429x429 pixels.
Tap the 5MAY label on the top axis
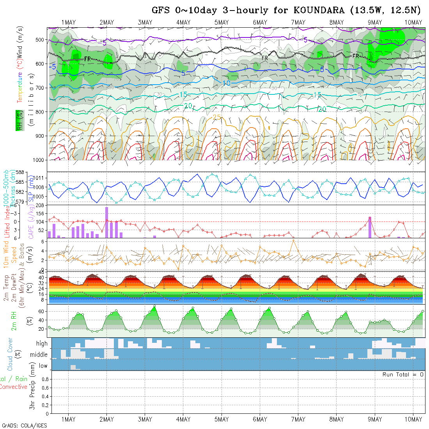pos(222,22)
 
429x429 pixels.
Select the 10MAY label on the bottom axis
pos(413,419)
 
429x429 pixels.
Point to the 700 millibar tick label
pos(41,88)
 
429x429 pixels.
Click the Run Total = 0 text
pos(403,374)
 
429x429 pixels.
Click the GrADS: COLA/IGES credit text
pos(24,425)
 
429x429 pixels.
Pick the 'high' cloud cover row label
pos(42,344)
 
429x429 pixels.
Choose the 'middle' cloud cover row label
pos(39,355)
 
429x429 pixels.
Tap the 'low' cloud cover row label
pos(43,366)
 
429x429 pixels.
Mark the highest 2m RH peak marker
pos(154,306)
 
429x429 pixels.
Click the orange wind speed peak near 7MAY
pos(292,240)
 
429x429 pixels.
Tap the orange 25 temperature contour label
pos(217,117)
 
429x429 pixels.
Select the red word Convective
pos(13,387)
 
